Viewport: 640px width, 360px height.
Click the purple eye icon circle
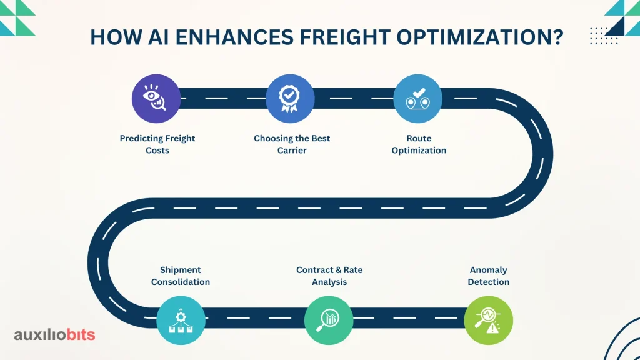click(x=156, y=98)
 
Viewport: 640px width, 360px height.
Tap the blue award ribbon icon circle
click(x=290, y=98)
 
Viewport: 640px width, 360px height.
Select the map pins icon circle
click(x=417, y=98)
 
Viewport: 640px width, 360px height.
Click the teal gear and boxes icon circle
click(x=181, y=321)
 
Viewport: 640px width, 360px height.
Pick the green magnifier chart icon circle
click(x=329, y=321)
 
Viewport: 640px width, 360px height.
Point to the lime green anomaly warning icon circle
click(x=489, y=321)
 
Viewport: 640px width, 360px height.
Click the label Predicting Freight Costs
click(x=157, y=144)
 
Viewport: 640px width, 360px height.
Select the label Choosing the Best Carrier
click(x=292, y=144)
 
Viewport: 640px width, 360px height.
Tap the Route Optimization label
click(x=419, y=144)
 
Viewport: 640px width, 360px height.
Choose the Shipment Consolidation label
click(x=181, y=276)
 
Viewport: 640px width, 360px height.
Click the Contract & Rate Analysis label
click(x=329, y=276)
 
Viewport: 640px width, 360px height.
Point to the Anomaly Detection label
click(x=489, y=276)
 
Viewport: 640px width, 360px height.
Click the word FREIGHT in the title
click(x=345, y=37)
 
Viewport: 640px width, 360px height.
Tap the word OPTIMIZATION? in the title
click(x=480, y=37)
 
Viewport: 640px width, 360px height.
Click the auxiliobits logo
click(x=55, y=335)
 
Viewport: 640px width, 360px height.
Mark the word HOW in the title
click(x=116, y=37)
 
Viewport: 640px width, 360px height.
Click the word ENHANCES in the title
click(x=234, y=37)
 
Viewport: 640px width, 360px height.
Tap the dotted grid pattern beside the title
click(x=604, y=36)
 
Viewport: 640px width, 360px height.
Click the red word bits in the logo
click(x=81, y=335)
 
